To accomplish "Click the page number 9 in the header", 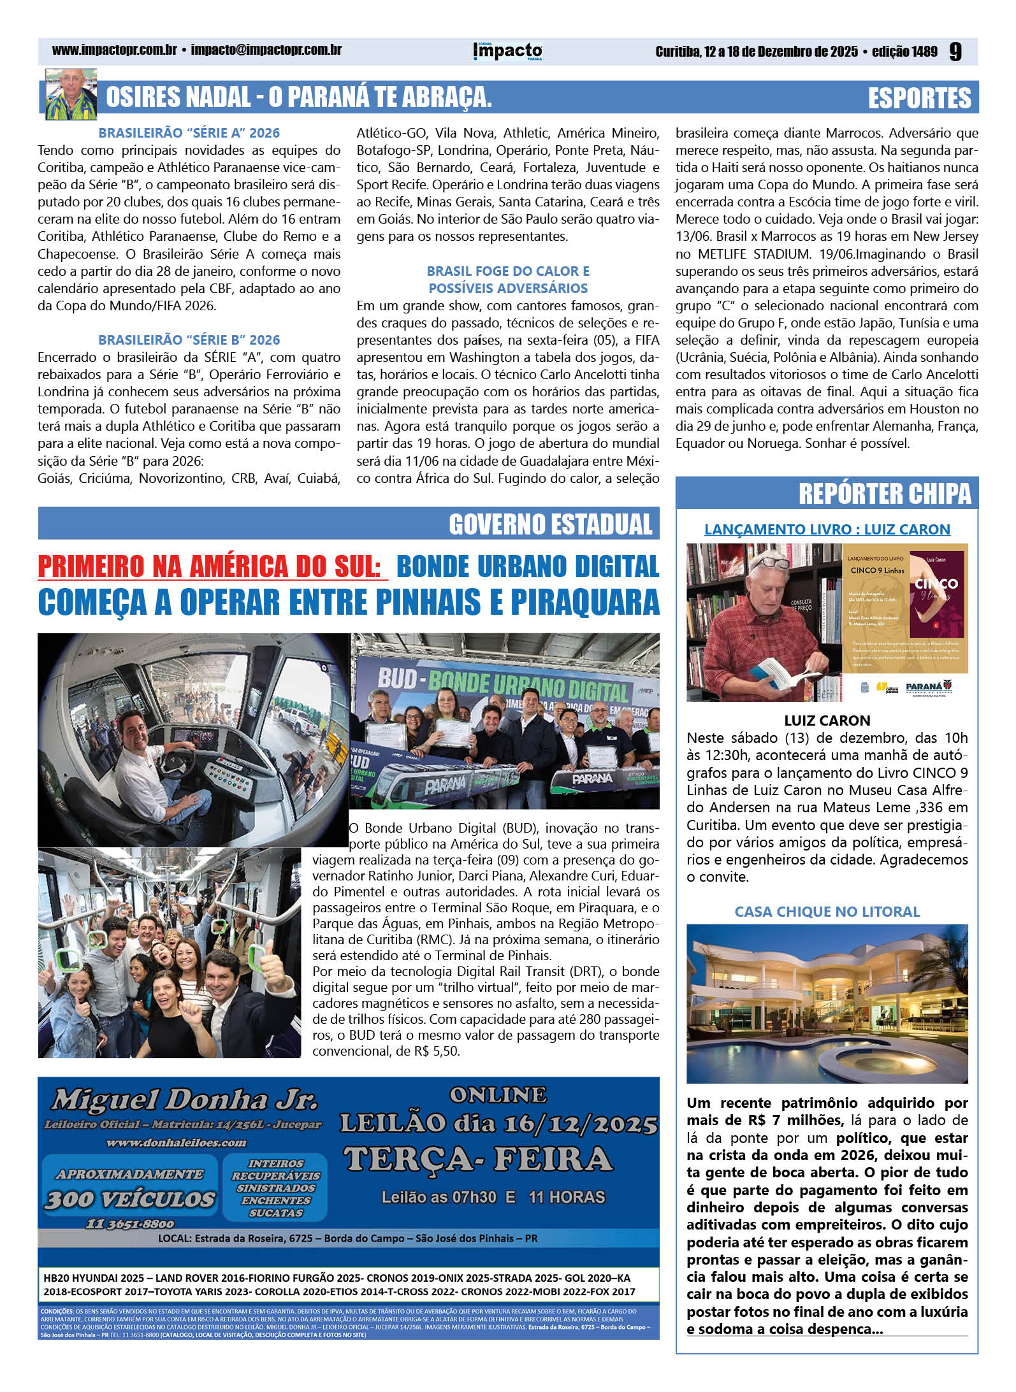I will [955, 51].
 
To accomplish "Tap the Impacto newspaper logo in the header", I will [507, 51].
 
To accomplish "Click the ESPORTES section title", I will [919, 98].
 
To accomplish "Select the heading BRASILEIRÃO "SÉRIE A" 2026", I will [189, 133].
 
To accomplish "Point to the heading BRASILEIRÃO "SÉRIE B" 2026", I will [189, 340].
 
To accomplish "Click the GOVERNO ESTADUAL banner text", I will [551, 524].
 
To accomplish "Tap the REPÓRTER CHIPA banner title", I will [885, 494].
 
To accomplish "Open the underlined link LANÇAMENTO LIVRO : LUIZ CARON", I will [827, 529].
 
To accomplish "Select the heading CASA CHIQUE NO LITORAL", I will [827, 912].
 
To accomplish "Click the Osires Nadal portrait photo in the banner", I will [71, 96].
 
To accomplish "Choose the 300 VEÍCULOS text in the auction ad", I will [130, 1200].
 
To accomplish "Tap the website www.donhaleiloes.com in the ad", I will [176, 1143].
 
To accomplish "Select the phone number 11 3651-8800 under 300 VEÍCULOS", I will [130, 1224].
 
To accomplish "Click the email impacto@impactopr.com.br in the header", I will [266, 50].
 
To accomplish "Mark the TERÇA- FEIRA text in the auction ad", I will [478, 1159].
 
